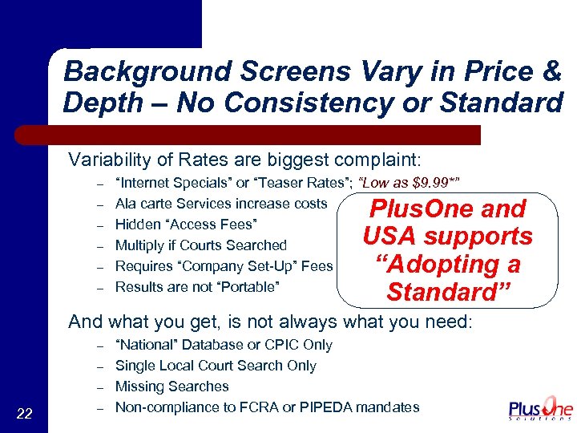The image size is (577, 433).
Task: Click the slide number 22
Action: tap(24, 413)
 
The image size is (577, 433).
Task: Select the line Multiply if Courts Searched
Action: tap(200, 245)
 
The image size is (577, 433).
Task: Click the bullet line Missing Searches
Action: tap(172, 386)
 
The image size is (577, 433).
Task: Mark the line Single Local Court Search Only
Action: tap(216, 366)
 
